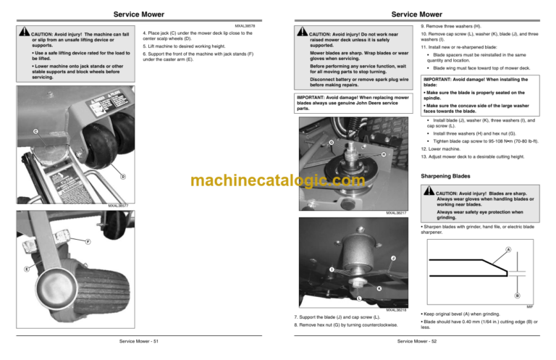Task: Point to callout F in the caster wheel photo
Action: pos(87,241)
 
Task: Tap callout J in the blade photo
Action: pos(392,259)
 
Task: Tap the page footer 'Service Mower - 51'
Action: pos(139,341)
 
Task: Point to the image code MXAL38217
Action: pos(396,213)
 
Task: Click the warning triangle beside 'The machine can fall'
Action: pos(25,33)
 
